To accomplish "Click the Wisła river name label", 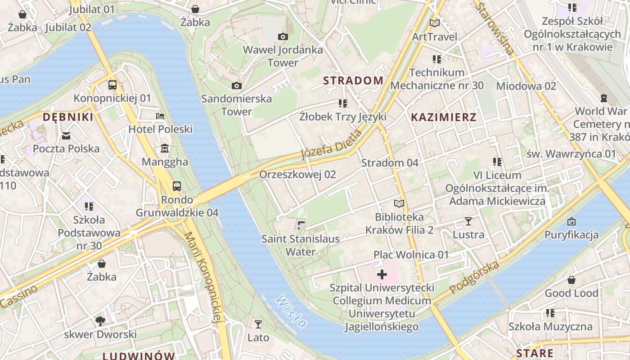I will (292, 311).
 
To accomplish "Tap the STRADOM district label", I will (353, 81).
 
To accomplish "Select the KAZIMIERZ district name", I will (443, 117).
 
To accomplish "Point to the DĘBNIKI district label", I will (68, 117).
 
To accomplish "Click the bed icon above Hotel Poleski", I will (160, 116).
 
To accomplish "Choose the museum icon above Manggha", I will (165, 148).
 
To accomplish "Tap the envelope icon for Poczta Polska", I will (66, 135).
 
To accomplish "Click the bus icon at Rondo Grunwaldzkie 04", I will (177, 186).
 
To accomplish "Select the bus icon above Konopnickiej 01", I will (112, 85).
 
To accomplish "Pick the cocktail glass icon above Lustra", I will (468, 221).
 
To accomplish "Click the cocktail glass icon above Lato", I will (258, 324).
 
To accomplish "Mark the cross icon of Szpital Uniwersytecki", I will (382, 274).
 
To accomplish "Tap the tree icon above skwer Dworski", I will (100, 321).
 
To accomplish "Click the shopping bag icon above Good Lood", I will (571, 280).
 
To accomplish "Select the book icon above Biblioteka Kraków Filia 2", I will (399, 203).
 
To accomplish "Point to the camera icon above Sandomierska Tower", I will (236, 85).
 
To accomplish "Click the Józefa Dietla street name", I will (331, 145).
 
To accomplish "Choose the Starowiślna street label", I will (495, 29).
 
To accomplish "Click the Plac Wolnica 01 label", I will (411, 255).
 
